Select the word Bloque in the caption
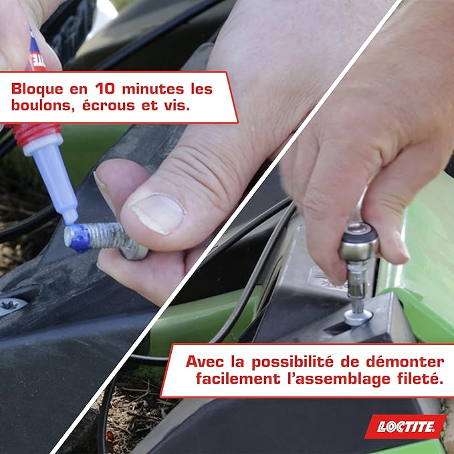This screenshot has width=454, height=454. [37, 88]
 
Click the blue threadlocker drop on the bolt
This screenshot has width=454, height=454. [79, 238]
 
